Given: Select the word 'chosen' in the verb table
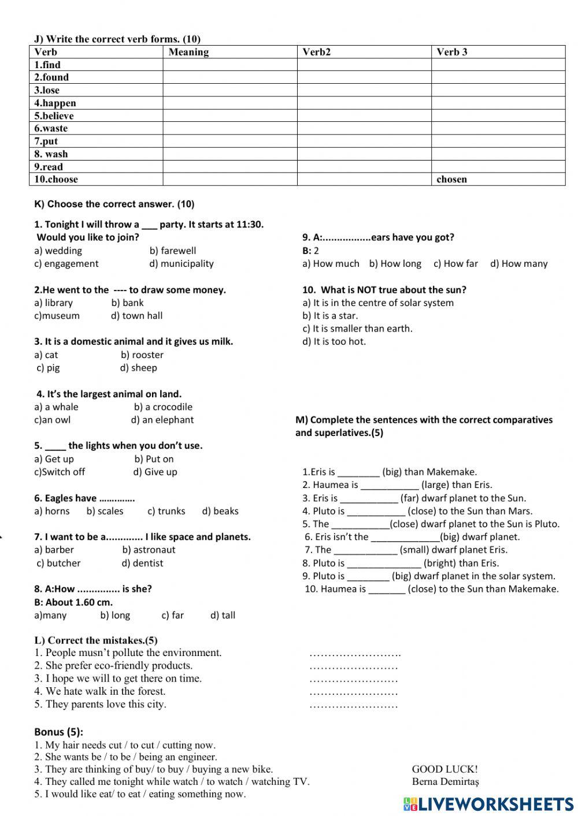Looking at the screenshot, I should coord(451,179).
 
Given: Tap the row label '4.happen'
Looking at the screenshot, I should coord(55,103).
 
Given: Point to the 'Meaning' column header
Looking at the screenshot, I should coord(188,52).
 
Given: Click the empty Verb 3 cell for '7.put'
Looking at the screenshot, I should coord(498,141).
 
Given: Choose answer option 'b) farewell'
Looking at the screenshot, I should coord(172,251).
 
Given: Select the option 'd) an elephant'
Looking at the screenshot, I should coord(162,420).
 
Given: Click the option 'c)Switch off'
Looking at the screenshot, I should coord(60,472).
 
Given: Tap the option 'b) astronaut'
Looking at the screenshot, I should coord(149,550).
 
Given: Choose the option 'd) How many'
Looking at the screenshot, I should coord(518,264).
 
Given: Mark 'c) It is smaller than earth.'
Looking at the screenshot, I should coord(357,329).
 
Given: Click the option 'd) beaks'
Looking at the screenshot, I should coord(220,511).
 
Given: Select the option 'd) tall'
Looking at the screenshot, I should coord(223,615).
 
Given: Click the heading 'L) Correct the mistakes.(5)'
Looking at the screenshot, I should coord(95,640).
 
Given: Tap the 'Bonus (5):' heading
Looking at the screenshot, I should coord(58,732).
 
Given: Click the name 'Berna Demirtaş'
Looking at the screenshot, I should coord(445,782).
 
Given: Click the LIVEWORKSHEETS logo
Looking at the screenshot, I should coord(487,804).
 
